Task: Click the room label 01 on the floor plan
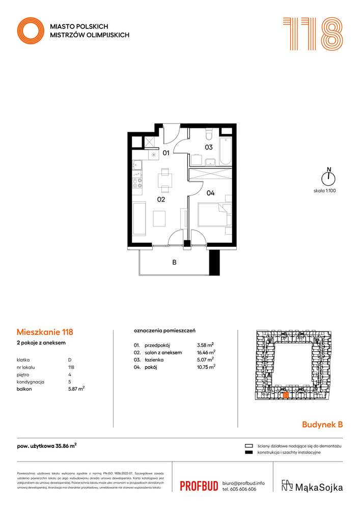click(166, 152)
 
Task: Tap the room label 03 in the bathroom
click(208, 148)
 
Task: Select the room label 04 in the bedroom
click(210, 193)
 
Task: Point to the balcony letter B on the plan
click(174, 263)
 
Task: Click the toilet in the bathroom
click(208, 134)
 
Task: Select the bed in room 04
click(214, 215)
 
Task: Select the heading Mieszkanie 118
click(44, 333)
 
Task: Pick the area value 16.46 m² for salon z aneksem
click(206, 352)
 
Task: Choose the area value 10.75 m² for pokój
click(206, 366)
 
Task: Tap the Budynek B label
click(322, 423)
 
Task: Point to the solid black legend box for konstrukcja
click(249, 453)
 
